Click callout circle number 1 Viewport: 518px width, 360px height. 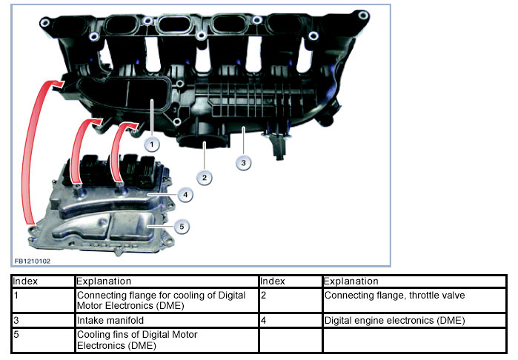pyautogui.click(x=152, y=144)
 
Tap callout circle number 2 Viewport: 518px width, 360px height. pyautogui.click(x=205, y=178)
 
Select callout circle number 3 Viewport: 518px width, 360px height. pyautogui.click(x=244, y=163)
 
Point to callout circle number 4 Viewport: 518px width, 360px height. pyautogui.click(x=185, y=195)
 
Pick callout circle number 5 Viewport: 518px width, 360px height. pyautogui.click(x=182, y=227)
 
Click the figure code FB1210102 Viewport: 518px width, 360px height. pyautogui.click(x=33, y=261)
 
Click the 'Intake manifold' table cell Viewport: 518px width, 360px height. pyautogui.click(x=167, y=320)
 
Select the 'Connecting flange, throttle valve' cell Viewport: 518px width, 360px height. pyautogui.click(x=414, y=300)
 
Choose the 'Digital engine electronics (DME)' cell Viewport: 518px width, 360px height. pyautogui.click(x=414, y=320)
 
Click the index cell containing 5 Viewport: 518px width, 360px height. pyautogui.click(x=43, y=340)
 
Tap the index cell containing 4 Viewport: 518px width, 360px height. pyautogui.click(x=290, y=320)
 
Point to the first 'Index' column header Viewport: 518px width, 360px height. pyautogui.click(x=25, y=281)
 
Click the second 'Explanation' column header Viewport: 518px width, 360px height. pyautogui.click(x=351, y=281)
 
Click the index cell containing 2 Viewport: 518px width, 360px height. pyautogui.click(x=290, y=300)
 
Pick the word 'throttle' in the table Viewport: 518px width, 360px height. pyautogui.click(x=423, y=296)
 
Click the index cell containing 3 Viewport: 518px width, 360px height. pyautogui.click(x=43, y=320)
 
